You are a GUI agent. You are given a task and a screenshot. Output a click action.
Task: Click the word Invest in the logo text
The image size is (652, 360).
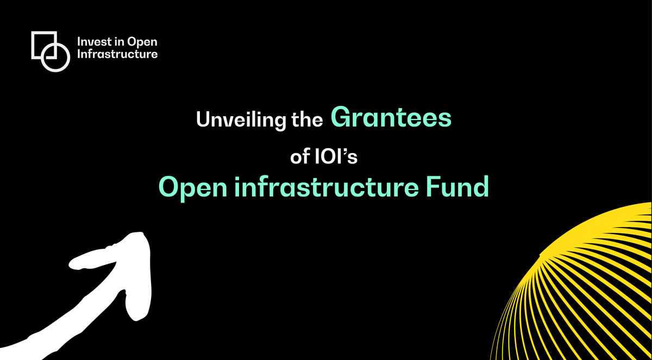[x=93, y=42]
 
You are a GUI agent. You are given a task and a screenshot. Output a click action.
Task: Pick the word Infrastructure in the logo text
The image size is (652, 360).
[x=117, y=54]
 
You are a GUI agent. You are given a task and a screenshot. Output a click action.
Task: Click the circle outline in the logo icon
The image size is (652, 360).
[x=56, y=58]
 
